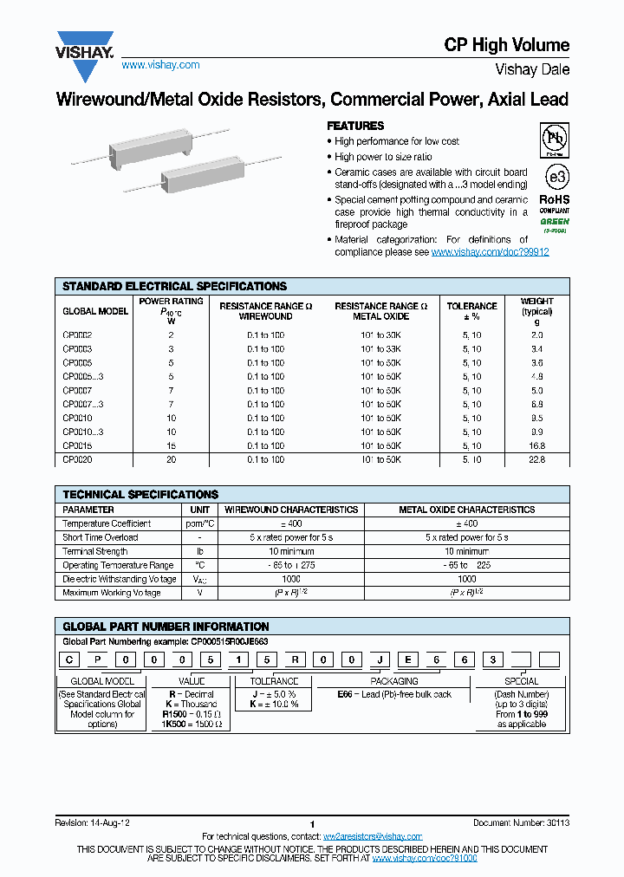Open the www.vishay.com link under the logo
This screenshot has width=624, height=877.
pyautogui.click(x=160, y=65)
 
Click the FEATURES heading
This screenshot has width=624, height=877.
pyautogui.click(x=354, y=126)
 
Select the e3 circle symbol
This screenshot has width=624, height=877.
pyautogui.click(x=556, y=178)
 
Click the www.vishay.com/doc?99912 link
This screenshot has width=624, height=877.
pyautogui.click(x=490, y=251)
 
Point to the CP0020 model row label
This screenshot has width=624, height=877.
pyautogui.click(x=77, y=459)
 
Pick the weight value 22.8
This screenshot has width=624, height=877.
pyautogui.click(x=536, y=459)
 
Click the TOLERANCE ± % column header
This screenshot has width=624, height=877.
pyautogui.click(x=471, y=311)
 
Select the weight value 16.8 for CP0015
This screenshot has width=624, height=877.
pyautogui.click(x=536, y=445)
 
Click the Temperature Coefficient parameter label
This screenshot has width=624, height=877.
pyautogui.click(x=107, y=523)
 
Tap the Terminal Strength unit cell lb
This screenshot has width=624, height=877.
pyautogui.click(x=199, y=551)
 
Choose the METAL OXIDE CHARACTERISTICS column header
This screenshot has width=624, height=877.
pyautogui.click(x=466, y=510)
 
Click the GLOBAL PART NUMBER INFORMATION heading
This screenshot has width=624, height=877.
pyautogui.click(x=166, y=627)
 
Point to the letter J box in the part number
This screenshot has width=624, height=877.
pyautogui.click(x=379, y=660)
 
